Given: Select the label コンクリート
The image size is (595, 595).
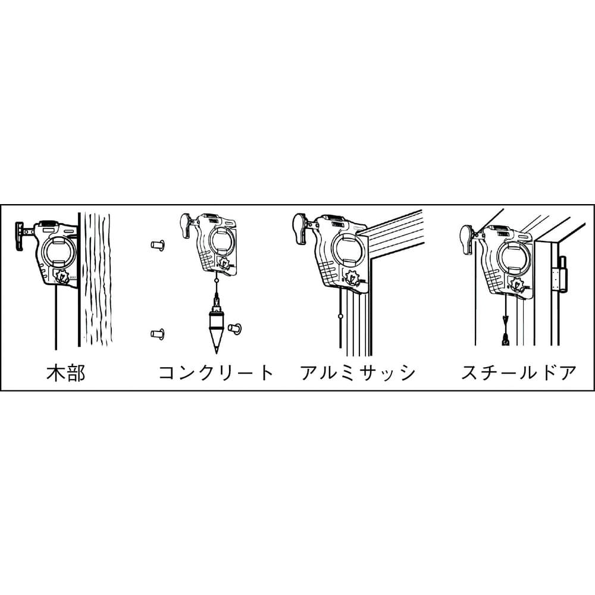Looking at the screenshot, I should pyautogui.click(x=215, y=373).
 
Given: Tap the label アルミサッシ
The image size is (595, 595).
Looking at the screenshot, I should pyautogui.click(x=358, y=373).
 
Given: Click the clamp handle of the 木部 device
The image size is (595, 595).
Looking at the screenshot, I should pyautogui.click(x=23, y=230).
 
